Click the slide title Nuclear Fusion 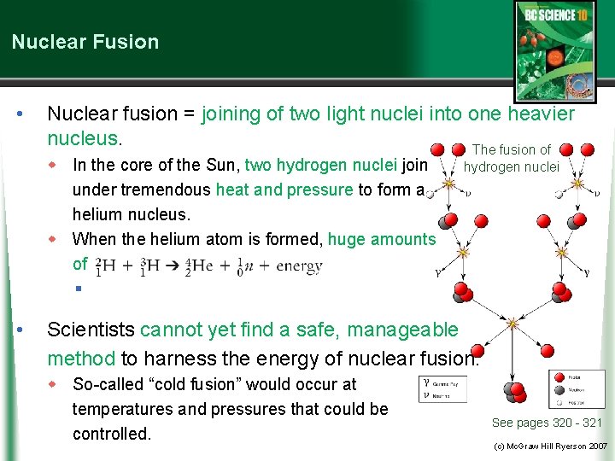click(85, 42)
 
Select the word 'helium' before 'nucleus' click(99, 214)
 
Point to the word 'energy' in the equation click(300, 266)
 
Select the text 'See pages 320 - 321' click(547, 423)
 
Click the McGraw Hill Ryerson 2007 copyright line click(550, 446)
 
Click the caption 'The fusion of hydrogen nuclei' click(511, 158)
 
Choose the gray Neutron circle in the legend click(558, 388)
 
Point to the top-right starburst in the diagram click(577, 183)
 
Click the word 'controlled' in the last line click(109, 434)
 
